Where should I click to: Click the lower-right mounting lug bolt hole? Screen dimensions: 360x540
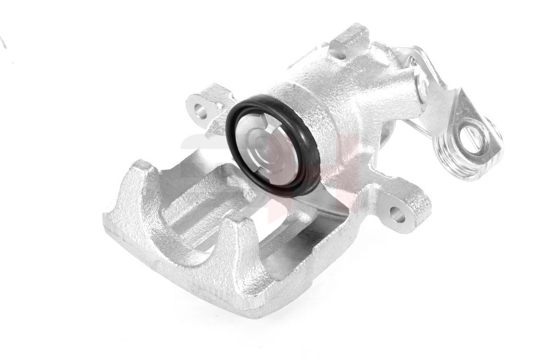coord(397,214)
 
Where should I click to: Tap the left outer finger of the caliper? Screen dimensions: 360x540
coord(135,189)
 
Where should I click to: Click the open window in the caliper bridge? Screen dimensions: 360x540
coord(279,252)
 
